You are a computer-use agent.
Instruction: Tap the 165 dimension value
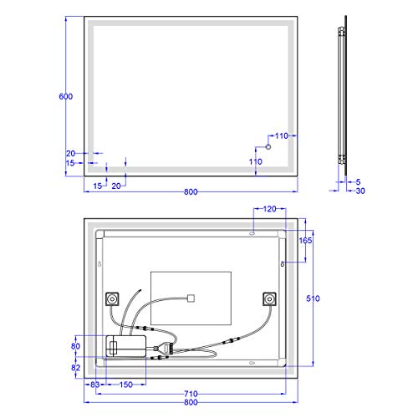(x=305, y=241)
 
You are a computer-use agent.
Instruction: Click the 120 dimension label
(x=269, y=209)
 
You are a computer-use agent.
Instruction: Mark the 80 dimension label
(x=75, y=345)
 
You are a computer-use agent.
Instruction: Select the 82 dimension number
(x=75, y=367)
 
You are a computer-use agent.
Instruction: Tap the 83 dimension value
(x=95, y=384)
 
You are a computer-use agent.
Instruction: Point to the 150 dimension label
(x=125, y=384)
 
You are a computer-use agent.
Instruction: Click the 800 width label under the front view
(x=191, y=192)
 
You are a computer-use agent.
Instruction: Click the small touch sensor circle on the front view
(x=268, y=147)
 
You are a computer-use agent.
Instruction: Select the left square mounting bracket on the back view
(x=112, y=299)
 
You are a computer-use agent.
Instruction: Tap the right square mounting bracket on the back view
(x=269, y=298)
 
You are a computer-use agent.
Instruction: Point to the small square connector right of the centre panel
(x=191, y=296)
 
